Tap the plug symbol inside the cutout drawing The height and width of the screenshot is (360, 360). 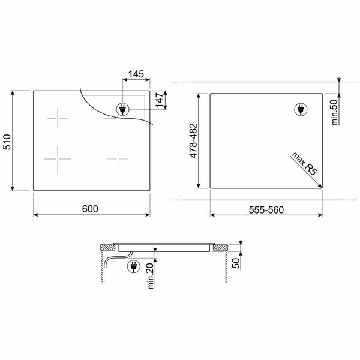pos(299,109)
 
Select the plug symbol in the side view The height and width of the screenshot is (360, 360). pos(131,268)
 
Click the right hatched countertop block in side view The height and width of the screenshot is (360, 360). pos(220,247)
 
